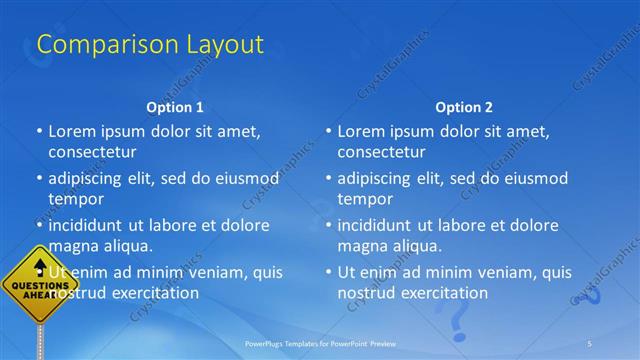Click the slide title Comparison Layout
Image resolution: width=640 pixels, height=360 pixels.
(150, 45)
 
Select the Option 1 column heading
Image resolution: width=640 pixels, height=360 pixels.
(175, 106)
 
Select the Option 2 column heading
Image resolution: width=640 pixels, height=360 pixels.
(464, 106)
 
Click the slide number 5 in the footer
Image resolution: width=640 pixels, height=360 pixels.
(589, 343)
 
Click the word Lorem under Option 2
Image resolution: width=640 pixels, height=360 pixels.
(361, 131)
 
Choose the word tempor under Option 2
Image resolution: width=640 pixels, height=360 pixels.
(365, 199)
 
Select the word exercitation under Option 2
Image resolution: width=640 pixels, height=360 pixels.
(441, 293)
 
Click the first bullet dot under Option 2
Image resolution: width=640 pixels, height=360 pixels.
(329, 131)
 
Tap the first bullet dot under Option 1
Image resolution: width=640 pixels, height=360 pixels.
(39, 131)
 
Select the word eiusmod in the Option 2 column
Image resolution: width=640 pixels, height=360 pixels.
(534, 179)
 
